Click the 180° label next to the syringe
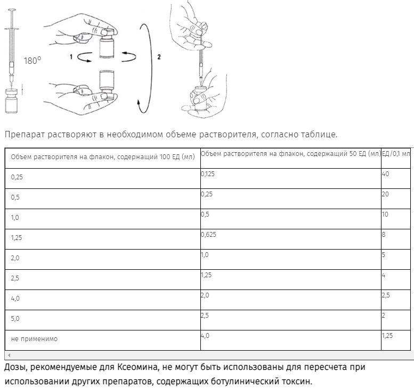[x=32, y=61]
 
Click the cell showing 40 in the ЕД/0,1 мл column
[x=386, y=173]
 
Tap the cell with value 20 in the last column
[x=386, y=194]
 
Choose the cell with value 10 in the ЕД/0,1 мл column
[x=385, y=214]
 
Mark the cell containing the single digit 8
[x=384, y=234]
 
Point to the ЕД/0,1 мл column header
[x=396, y=154]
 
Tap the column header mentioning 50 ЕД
[x=290, y=154]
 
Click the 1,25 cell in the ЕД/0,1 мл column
[x=387, y=335]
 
